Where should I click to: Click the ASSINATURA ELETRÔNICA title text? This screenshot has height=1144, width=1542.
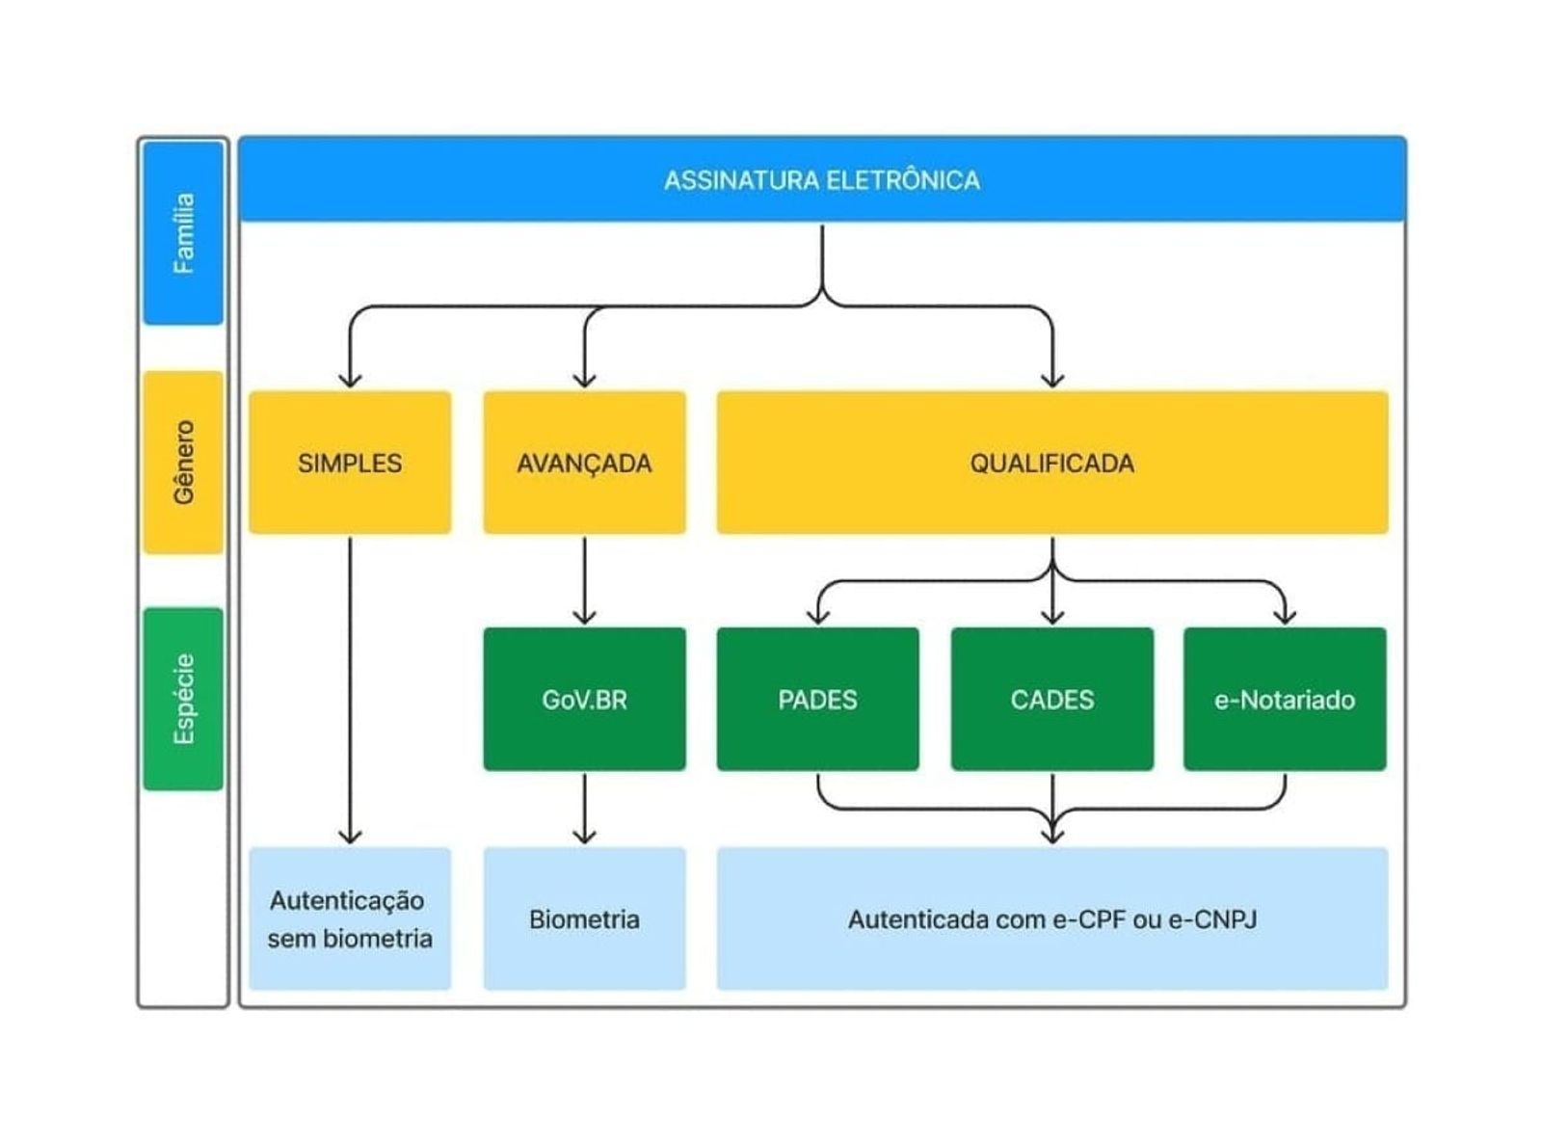(821, 181)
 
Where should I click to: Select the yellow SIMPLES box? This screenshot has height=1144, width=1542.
(350, 463)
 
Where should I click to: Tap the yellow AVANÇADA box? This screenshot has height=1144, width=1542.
(584, 463)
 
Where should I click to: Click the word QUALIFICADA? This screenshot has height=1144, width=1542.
(1051, 464)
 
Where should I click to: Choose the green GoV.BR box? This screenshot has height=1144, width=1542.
(584, 699)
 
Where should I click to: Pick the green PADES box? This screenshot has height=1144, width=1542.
(817, 699)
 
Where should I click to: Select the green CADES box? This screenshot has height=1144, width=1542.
(1051, 699)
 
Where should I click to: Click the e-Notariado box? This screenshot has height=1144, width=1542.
(1285, 699)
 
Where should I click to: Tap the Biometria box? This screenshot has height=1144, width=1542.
(584, 918)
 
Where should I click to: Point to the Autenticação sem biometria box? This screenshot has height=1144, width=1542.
(350, 918)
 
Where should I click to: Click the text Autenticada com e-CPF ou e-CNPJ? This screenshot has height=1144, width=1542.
(1052, 919)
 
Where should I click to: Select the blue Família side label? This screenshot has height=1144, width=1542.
(183, 233)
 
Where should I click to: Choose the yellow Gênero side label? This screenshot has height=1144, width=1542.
(183, 463)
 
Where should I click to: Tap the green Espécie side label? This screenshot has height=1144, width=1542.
(183, 699)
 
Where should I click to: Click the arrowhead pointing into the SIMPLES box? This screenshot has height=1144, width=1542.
(350, 381)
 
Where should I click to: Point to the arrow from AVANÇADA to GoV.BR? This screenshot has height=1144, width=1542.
(584, 581)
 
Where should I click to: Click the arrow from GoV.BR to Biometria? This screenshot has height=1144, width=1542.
(584, 809)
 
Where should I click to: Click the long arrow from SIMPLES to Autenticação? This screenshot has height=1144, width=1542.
(350, 691)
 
